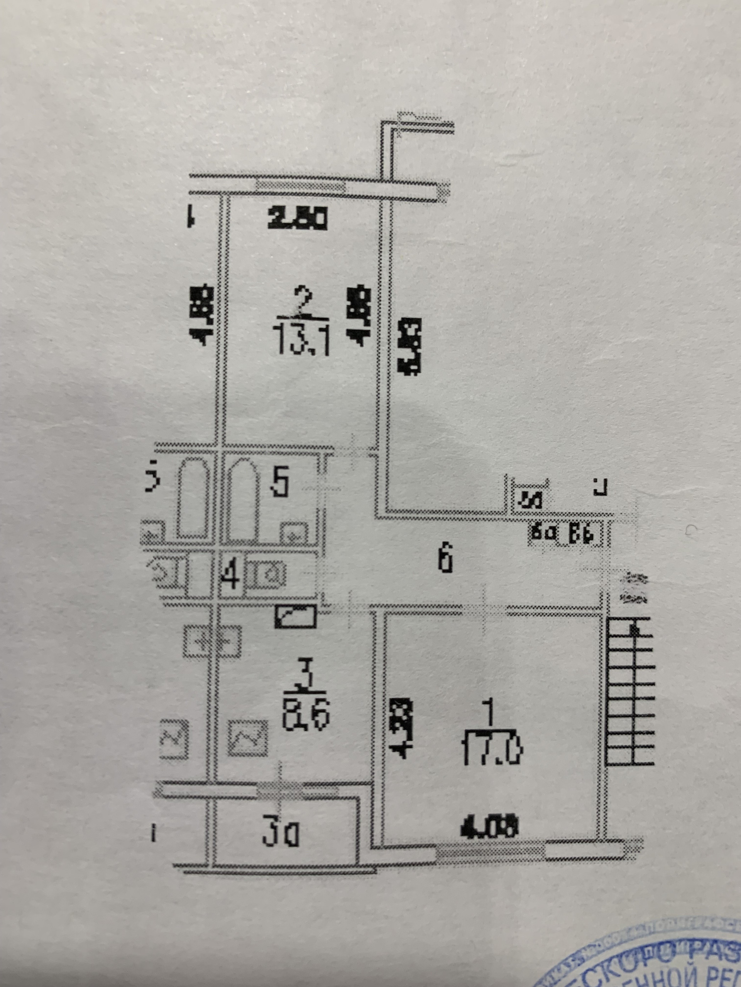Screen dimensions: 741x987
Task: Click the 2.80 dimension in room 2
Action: coord(298,219)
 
